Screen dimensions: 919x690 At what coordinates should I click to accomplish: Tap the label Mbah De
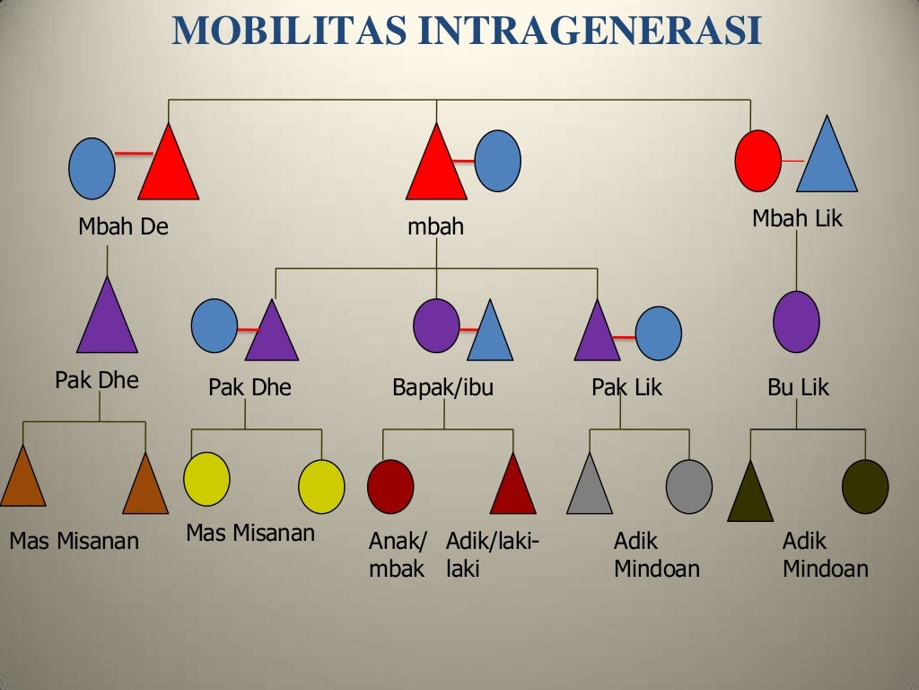(x=123, y=226)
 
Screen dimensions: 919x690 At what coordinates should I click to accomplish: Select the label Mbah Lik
(x=798, y=218)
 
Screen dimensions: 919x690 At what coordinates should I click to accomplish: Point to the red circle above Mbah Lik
(x=757, y=161)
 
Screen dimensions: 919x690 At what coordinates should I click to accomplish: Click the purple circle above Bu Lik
(x=796, y=321)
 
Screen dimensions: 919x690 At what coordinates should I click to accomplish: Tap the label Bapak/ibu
(x=443, y=388)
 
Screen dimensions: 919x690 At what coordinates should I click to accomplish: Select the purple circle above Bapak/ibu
(x=437, y=324)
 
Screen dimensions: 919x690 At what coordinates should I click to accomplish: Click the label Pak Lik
(x=626, y=388)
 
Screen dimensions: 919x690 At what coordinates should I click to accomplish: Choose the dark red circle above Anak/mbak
(x=390, y=486)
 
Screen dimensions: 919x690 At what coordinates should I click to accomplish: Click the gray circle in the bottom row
(x=689, y=486)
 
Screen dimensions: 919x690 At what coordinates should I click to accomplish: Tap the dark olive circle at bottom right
(x=865, y=486)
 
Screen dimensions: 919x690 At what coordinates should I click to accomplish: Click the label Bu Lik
(x=798, y=388)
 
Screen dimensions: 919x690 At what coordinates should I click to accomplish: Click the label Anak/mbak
(x=398, y=555)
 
